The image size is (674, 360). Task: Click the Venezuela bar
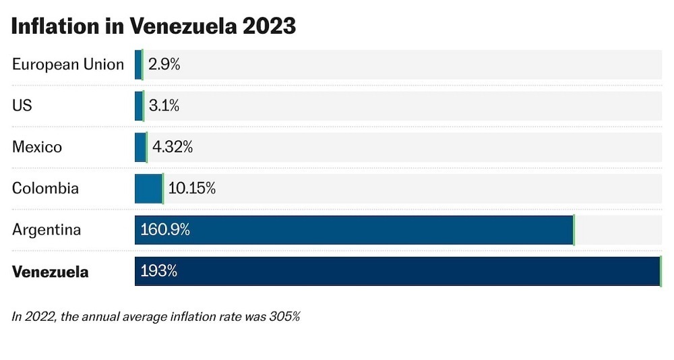pos(398,271)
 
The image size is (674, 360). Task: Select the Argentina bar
pos(354,230)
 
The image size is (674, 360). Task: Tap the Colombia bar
pos(148,189)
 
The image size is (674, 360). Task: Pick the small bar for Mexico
pos(140,147)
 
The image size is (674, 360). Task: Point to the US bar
pos(139,106)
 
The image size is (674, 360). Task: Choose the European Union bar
pos(138,65)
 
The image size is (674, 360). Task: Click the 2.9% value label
pos(164,65)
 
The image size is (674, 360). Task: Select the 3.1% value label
pos(164,106)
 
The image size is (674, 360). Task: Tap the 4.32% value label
pos(173,147)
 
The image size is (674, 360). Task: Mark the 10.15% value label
pos(191,189)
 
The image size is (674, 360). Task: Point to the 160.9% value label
pos(165,230)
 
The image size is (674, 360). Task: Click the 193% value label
pos(158,271)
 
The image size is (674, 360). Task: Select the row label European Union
pos(68,65)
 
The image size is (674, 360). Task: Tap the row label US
pos(22,106)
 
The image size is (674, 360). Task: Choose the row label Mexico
pos(37,147)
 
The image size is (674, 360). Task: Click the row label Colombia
pos(45,189)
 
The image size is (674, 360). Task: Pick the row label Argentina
pos(47,230)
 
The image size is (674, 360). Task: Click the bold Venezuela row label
pos(51,272)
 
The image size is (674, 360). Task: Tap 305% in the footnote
pos(284,316)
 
